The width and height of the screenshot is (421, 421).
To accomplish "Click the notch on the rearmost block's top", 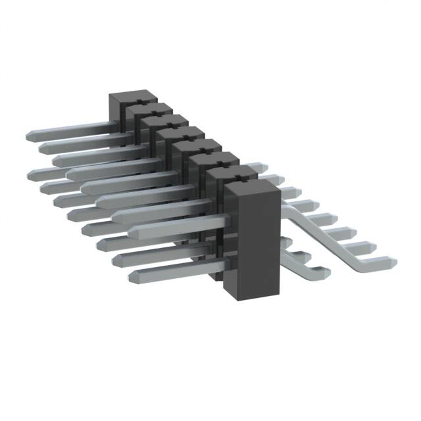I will click(x=139, y=102).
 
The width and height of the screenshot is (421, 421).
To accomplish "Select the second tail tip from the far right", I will click(x=376, y=248).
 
